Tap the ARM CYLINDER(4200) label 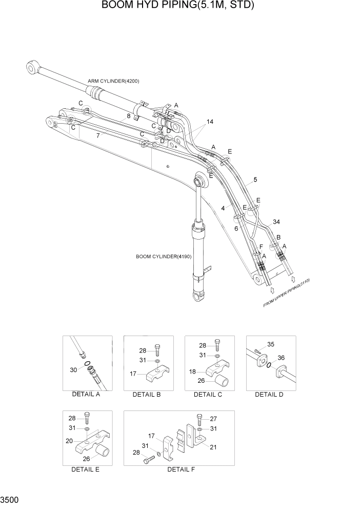113,81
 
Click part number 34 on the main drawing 276,222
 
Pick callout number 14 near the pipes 210,122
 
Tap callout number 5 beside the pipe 255,180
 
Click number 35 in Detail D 271,344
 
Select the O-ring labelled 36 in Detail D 269,365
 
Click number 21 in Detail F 213,447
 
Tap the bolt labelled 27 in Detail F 199,418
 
